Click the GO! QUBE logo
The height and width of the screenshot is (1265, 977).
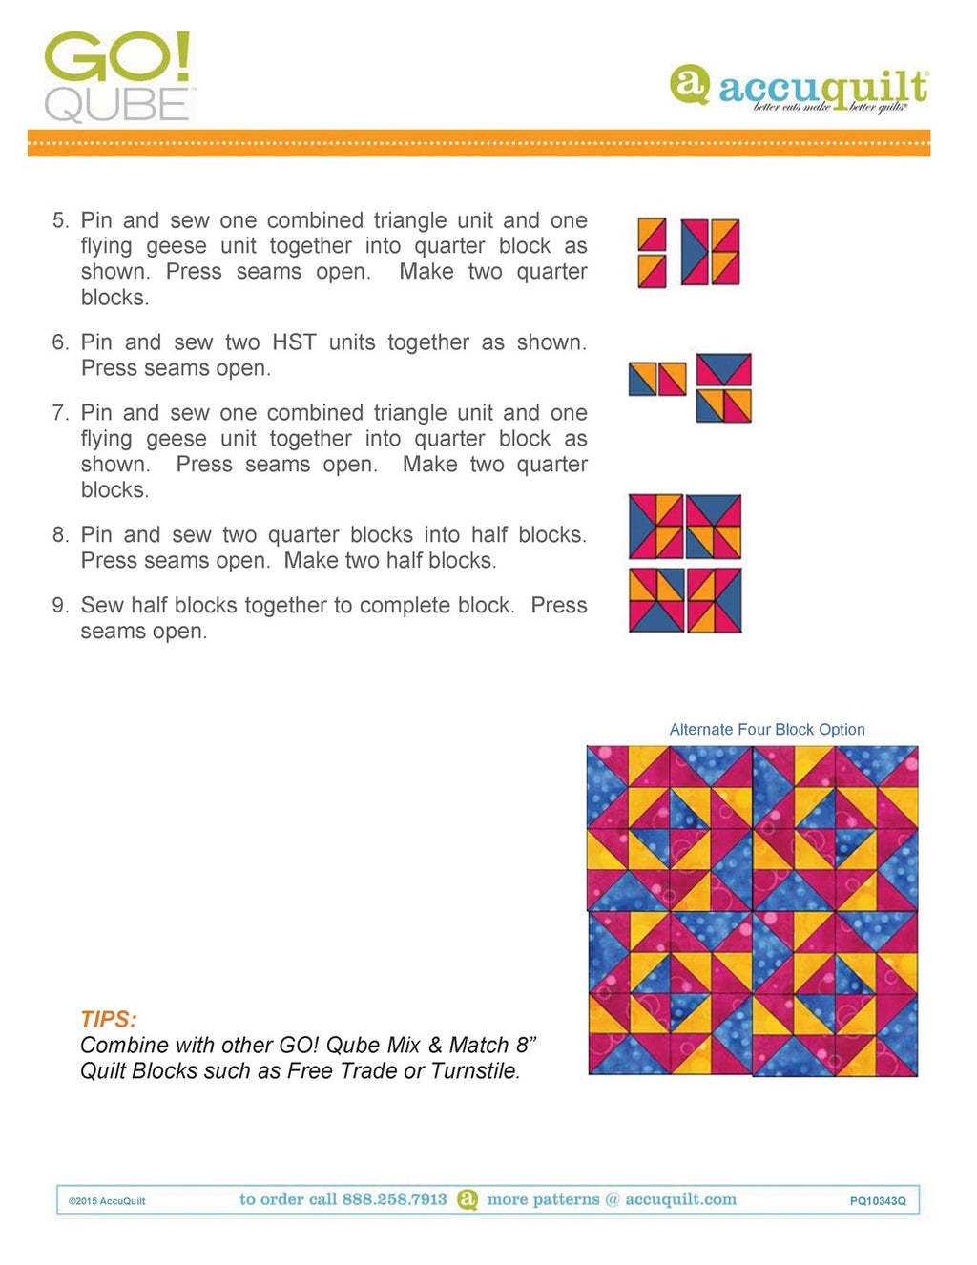[118, 76]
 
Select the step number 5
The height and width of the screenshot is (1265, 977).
[60, 220]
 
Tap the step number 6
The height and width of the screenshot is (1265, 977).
[60, 342]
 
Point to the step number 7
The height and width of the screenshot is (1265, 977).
[60, 413]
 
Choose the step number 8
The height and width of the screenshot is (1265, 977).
[60, 535]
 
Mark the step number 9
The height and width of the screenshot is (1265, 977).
[60, 606]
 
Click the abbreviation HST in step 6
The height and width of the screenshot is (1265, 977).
[294, 342]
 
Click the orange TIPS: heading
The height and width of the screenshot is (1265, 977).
[109, 1019]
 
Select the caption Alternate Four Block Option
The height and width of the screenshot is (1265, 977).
[767, 730]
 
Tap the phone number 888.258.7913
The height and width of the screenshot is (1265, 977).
[394, 1200]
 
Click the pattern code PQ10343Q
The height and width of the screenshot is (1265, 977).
[878, 1201]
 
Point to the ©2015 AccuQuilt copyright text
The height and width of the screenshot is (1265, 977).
[107, 1201]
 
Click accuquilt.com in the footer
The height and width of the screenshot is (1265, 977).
[680, 1200]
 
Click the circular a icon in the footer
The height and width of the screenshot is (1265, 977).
[468, 1200]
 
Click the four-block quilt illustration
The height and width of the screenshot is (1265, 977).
[753, 910]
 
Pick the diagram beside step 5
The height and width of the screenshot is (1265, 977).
[689, 253]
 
